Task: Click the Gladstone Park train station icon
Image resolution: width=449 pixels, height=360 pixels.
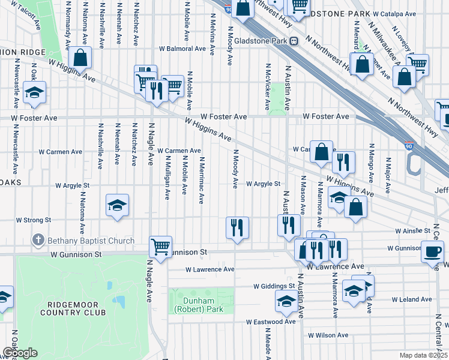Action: (294, 41)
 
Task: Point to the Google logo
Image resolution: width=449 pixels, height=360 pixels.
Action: (19, 353)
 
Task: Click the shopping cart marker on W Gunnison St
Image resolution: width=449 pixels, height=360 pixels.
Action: (160, 247)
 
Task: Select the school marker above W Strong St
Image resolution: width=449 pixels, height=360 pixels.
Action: (118, 205)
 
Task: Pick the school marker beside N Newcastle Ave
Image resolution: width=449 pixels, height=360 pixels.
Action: (35, 93)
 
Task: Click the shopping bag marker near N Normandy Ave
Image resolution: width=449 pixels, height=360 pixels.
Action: (80, 58)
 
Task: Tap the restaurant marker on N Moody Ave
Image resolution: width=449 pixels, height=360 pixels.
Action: (237, 227)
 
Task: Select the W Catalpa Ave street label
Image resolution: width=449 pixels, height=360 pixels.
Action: (394, 13)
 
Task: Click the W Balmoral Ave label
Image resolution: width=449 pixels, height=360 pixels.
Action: (182, 49)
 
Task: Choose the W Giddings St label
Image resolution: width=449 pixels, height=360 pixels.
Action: (274, 286)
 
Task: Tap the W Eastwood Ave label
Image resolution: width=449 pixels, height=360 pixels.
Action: (271, 322)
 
